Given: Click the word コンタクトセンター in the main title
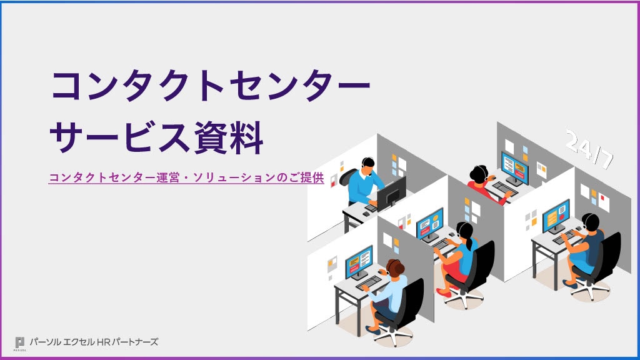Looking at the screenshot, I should (x=210, y=87).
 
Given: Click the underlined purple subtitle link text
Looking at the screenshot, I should (x=186, y=177).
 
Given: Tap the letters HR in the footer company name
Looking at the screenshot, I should (x=104, y=342).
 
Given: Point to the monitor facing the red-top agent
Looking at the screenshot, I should (x=515, y=167).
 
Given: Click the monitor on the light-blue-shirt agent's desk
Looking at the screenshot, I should (x=359, y=261).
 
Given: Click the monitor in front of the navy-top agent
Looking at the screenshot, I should (x=556, y=216).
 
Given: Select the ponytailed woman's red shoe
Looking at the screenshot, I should (x=444, y=292).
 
